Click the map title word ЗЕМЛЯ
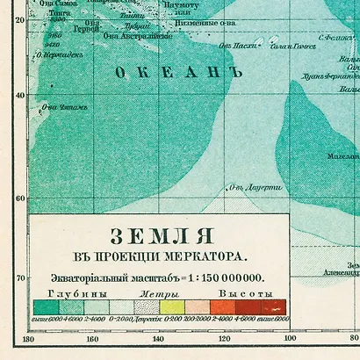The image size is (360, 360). pos(157,237)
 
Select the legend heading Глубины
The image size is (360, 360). pos(59,292)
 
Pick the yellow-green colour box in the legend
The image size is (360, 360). pos(171,306)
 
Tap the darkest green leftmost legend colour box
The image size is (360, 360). pos(46,306)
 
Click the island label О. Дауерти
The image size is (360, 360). pos(254,188)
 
